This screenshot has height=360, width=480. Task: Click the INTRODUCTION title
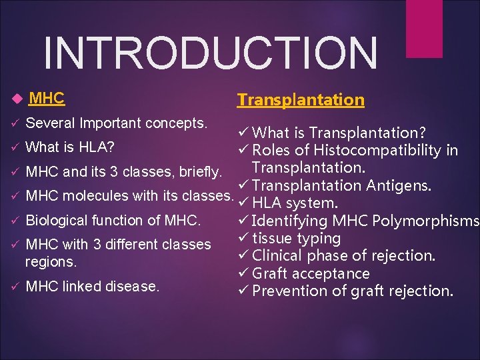coord(210,54)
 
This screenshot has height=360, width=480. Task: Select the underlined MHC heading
coord(47,99)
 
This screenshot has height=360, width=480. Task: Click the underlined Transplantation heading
coord(301,100)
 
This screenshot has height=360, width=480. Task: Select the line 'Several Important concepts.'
coord(117,123)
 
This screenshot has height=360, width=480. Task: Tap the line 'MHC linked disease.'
coord(92,287)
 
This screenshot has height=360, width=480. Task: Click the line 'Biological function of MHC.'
coord(113,220)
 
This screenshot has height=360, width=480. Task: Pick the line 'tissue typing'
coord(297,238)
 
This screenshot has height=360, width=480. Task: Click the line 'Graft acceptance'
coord(311,273)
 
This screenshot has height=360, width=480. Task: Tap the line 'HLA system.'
coord(295,203)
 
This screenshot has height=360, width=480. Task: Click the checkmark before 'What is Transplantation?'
coord(243,133)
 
